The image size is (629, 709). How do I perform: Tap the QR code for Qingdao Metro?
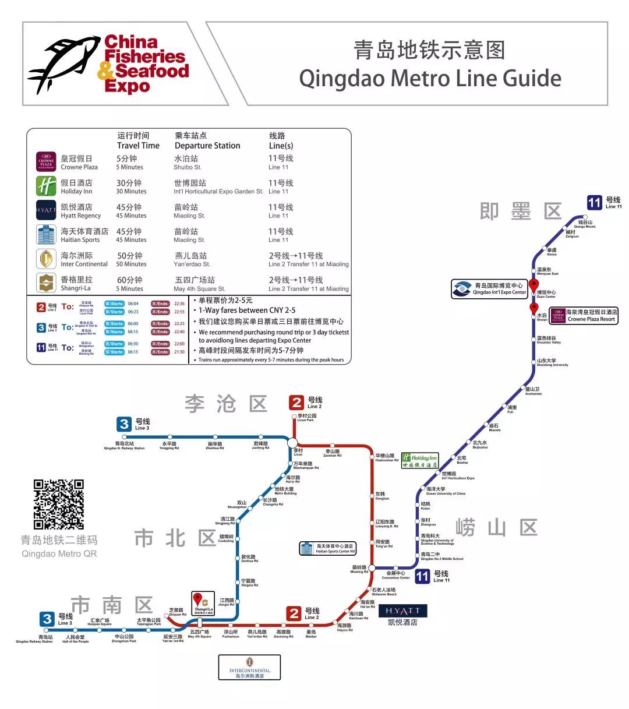58,504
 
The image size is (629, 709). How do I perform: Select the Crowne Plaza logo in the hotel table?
46,162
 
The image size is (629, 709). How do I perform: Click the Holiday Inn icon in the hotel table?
46,186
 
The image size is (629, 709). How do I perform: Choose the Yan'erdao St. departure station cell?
192,259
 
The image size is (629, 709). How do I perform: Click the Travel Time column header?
138,141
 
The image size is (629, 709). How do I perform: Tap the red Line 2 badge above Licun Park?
297,402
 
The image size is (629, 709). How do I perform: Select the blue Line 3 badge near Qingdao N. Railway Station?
124,424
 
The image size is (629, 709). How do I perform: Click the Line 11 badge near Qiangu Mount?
594,202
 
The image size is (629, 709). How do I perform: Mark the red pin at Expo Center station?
533,285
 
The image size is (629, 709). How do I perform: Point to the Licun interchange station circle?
292,443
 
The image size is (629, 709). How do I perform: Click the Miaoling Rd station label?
359,569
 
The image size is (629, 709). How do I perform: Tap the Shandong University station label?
552,362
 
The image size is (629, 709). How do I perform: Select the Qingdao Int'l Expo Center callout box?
489,288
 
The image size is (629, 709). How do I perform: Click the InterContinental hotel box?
249,667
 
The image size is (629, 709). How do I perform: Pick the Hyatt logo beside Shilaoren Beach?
403,611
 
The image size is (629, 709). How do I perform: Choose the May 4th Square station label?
199,634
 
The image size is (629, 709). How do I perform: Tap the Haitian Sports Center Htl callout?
327,548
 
